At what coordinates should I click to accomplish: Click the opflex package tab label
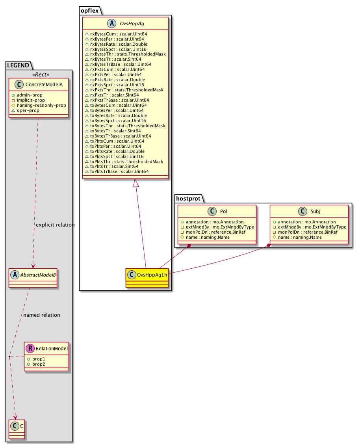(89, 11)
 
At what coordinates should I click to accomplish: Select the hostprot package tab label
(188, 199)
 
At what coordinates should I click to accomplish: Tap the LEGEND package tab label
(18, 65)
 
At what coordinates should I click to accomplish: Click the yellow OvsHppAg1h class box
(147, 278)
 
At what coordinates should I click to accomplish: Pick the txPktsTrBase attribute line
(117, 171)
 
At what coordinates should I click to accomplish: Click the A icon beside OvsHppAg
(112, 23)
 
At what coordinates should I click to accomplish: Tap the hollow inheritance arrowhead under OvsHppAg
(136, 183)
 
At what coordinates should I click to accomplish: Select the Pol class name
(223, 211)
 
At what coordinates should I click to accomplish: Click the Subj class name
(315, 211)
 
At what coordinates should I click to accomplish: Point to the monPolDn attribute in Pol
(213, 232)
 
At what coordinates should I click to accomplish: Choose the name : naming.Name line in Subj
(297, 237)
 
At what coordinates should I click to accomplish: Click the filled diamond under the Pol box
(189, 246)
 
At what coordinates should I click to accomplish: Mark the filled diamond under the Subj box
(269, 245)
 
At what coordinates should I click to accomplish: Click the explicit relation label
(55, 225)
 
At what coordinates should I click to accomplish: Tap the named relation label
(42, 315)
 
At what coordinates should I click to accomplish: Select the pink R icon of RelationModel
(30, 348)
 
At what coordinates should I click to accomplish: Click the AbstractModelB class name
(38, 275)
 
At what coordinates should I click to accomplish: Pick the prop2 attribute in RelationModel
(36, 364)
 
